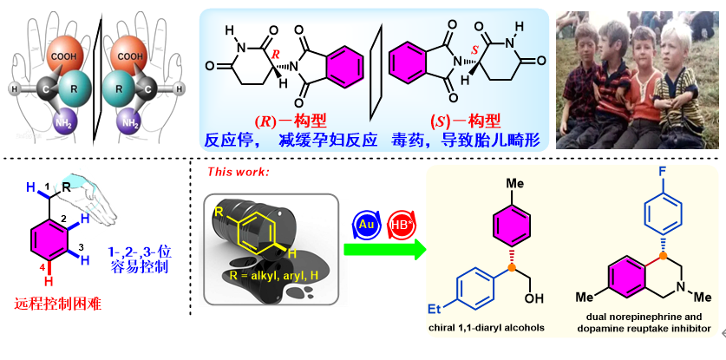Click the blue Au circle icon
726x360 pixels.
(364, 224)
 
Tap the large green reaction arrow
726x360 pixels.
(384, 251)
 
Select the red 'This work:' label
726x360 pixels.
(238, 172)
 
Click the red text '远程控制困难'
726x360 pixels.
(56, 304)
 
